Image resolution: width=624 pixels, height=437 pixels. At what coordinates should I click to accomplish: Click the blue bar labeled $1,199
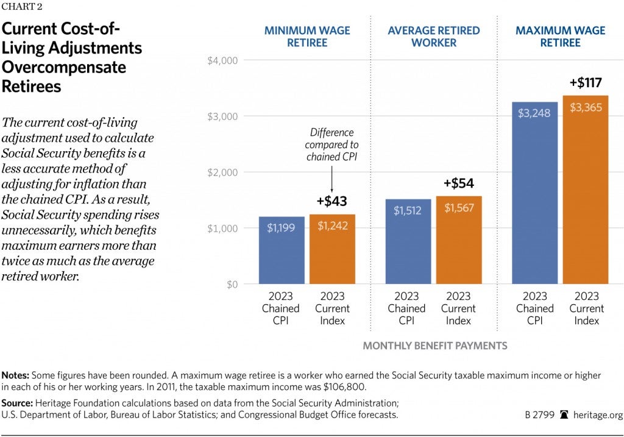click(x=282, y=250)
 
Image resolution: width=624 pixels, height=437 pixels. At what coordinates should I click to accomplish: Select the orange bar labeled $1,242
click(x=332, y=249)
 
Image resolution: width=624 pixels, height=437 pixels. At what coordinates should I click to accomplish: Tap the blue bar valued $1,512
click(x=408, y=241)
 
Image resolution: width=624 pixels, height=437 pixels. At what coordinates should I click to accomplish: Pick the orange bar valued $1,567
click(x=458, y=240)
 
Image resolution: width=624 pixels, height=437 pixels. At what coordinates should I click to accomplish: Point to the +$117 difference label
click(x=586, y=82)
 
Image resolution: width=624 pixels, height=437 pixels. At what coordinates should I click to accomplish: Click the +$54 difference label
click(x=459, y=183)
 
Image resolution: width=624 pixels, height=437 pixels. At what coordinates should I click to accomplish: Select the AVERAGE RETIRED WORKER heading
click(x=433, y=37)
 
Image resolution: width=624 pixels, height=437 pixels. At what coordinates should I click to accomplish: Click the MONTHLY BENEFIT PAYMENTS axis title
click(x=434, y=346)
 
